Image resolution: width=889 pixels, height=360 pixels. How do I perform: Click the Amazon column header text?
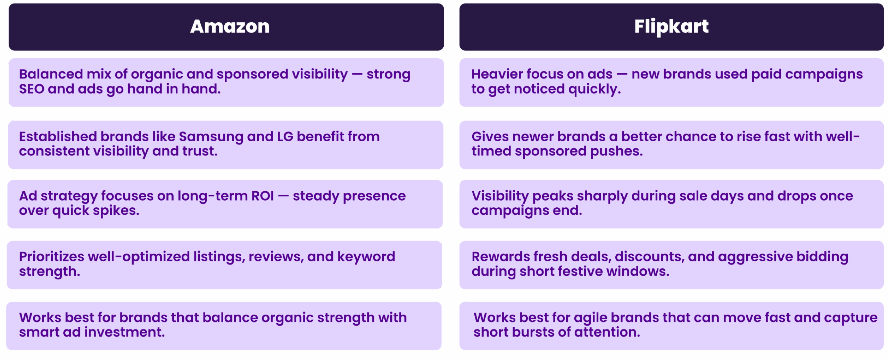click(230, 26)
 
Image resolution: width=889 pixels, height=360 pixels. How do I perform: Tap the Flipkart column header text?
click(671, 27)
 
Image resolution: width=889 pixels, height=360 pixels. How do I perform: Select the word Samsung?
click(211, 137)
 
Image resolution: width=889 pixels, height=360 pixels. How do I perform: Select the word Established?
click(58, 136)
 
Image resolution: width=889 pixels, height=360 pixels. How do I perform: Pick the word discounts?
click(648, 257)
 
